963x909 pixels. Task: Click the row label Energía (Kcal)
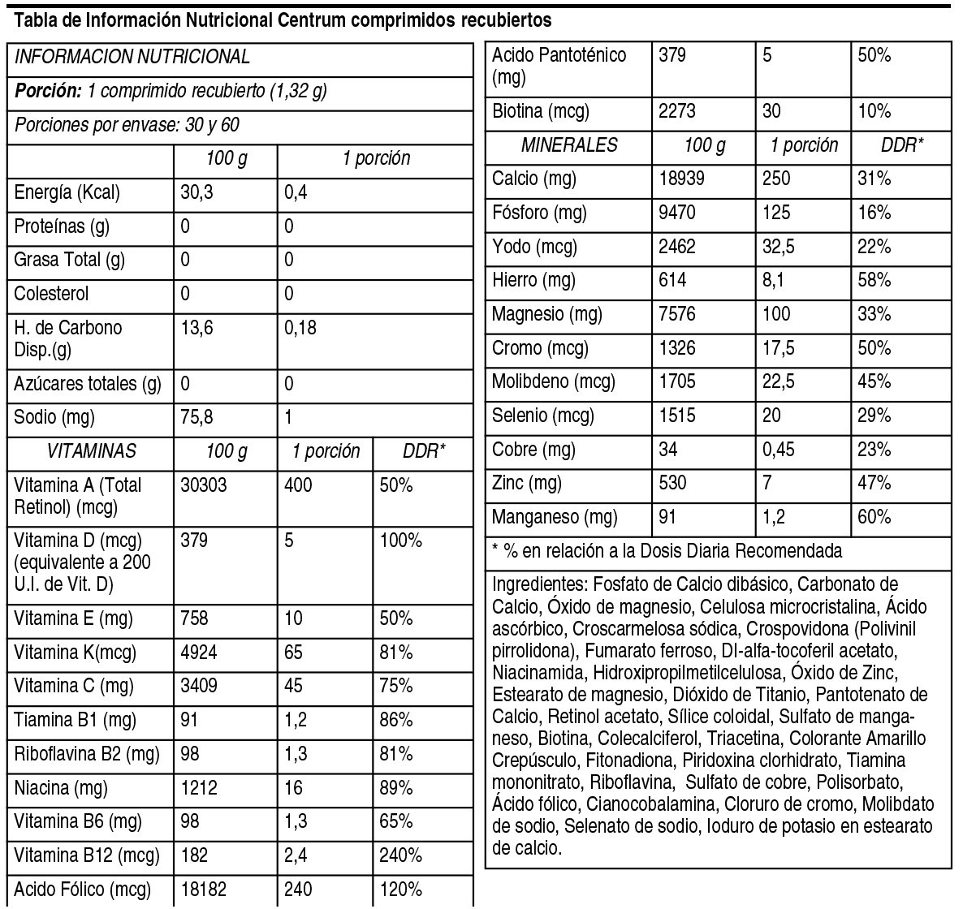click(67, 193)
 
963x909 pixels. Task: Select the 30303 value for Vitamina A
click(204, 485)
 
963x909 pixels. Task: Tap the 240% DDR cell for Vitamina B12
click(400, 855)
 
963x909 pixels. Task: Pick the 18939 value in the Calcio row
click(681, 179)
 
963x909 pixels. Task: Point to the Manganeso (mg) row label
click(555, 517)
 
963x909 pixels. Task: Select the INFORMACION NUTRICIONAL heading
click(132, 57)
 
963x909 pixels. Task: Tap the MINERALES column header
click(569, 145)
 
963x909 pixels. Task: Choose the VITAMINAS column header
click(91, 451)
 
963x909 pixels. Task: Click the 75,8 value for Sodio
click(196, 418)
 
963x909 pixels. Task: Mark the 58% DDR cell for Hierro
click(874, 281)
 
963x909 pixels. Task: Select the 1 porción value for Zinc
click(769, 483)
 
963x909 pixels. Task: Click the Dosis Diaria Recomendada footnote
click(667, 552)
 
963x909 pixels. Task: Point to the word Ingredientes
click(538, 584)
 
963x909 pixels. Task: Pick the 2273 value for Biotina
click(676, 111)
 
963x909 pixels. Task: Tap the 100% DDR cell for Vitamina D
click(400, 540)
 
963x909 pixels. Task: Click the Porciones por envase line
click(127, 126)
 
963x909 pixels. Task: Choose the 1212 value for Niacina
click(200, 787)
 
